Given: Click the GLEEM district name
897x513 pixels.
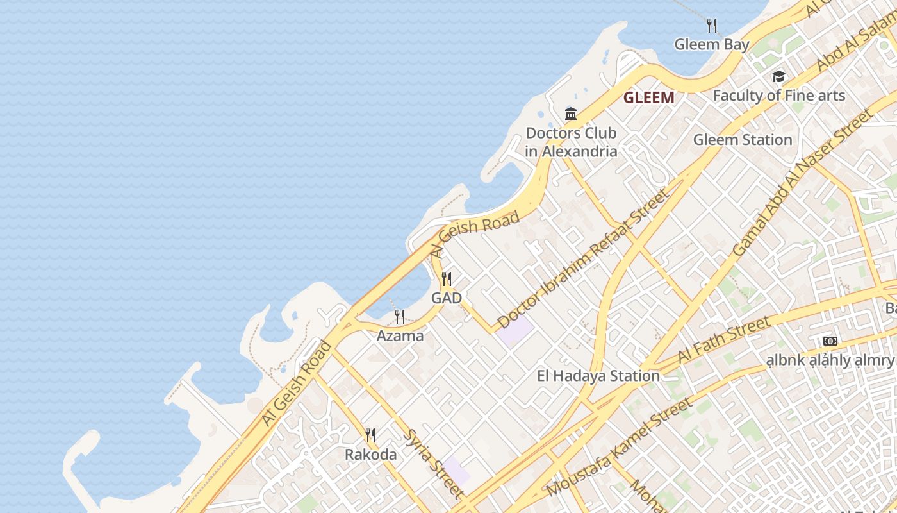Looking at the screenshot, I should pos(648,98).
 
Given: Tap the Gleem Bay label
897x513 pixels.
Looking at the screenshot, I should pos(711,45).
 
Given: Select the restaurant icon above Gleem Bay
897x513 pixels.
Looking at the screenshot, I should pos(711,26).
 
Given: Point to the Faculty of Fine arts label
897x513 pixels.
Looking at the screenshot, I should pos(779,96).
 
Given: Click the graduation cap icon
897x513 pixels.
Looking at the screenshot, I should pos(778,77).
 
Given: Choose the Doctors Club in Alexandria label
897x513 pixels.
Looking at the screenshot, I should pos(571,142).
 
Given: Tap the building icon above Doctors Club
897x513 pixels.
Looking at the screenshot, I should pos(571,114).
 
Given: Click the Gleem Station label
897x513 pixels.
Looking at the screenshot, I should pos(743,140).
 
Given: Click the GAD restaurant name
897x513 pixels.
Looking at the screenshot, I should pos(446,298).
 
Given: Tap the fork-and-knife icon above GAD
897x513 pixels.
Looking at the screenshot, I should pos(447,279).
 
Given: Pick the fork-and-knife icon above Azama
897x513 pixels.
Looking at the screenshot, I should pos(400,316).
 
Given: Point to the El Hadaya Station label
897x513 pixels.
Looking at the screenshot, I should pos(598,376).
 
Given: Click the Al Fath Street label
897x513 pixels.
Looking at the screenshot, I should pos(724,341).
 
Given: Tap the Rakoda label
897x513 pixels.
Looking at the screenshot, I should pos(370,455).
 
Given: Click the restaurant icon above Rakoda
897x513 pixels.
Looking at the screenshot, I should pos(370,435).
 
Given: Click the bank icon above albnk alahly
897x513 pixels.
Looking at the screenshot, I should pos(830,341).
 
